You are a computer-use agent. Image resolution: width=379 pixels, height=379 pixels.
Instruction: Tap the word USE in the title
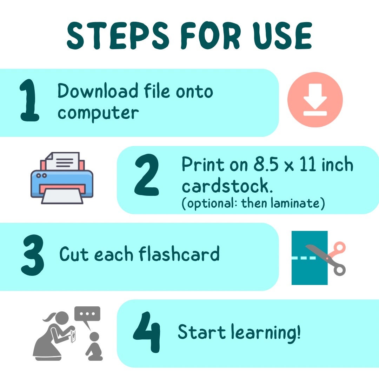pyautogui.click(x=282, y=35)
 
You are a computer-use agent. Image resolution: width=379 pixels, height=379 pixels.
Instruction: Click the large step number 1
pyautogui.click(x=29, y=100)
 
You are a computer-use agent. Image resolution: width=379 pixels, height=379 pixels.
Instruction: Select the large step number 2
pyautogui.click(x=147, y=175)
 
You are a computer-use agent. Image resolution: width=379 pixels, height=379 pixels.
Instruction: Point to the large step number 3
pyautogui.click(x=33, y=255)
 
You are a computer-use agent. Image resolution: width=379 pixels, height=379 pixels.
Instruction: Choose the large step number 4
pyautogui.click(x=147, y=332)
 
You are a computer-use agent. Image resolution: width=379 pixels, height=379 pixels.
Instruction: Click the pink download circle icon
pyautogui.click(x=315, y=100)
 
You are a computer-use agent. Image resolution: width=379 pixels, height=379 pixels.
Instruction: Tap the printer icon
pyautogui.click(x=62, y=178)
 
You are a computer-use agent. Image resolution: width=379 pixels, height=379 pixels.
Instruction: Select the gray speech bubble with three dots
pyautogui.click(x=87, y=316)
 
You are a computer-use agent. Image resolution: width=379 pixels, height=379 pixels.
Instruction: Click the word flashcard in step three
pyautogui.click(x=179, y=254)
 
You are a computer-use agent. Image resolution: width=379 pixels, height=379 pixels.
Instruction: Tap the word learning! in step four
pyautogui.click(x=266, y=333)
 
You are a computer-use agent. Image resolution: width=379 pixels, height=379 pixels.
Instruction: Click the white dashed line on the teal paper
pyautogui.click(x=304, y=258)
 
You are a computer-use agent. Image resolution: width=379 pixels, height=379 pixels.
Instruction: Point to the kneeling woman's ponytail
pyautogui.click(x=49, y=317)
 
